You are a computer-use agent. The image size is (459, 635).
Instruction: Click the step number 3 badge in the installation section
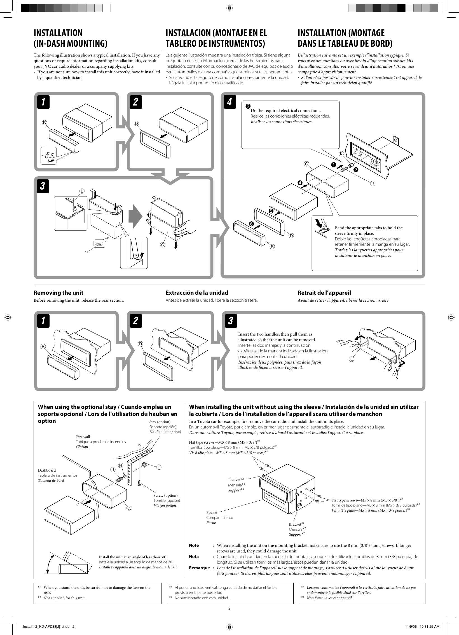point(43,186)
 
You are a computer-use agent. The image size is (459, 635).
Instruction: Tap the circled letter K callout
point(341,154)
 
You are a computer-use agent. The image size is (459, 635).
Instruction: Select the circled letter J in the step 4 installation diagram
point(373,184)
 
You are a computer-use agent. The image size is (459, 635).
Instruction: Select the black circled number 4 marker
point(300,183)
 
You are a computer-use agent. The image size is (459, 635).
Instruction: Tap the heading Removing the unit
point(58,293)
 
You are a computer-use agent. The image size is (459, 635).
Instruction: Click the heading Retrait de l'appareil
point(324,293)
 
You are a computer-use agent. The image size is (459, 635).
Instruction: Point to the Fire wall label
point(83,437)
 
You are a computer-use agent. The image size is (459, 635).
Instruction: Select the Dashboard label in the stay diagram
point(47,470)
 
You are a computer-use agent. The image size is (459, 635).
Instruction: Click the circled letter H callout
point(121,465)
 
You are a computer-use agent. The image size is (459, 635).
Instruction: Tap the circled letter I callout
point(158,467)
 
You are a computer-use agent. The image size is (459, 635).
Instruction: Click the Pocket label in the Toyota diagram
point(212,512)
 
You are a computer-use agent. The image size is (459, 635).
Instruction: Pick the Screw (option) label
point(165,495)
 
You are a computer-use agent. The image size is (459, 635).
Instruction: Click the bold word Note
point(194,545)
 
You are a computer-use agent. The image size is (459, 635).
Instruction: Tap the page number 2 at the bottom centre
point(229,608)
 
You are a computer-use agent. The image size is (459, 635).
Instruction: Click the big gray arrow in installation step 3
point(135,218)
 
